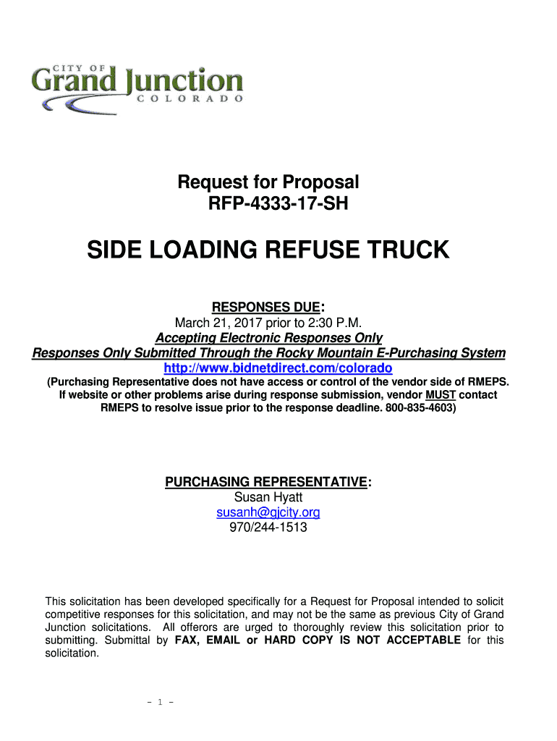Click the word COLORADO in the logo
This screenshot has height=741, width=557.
[x=190, y=101]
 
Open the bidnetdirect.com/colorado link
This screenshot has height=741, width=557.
[x=278, y=368]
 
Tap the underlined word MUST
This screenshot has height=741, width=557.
[x=441, y=395]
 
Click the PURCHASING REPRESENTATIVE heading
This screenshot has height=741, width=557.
[x=267, y=482]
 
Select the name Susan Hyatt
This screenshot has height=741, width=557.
[x=268, y=497]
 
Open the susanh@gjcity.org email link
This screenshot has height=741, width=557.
[x=268, y=512]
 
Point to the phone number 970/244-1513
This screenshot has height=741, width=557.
[x=268, y=528]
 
